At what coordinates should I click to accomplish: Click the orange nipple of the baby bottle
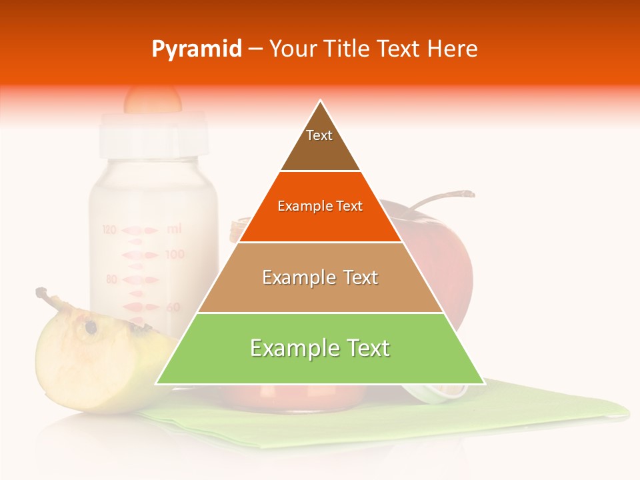pyautogui.click(x=152, y=100)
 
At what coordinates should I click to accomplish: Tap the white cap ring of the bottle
pyautogui.click(x=152, y=133)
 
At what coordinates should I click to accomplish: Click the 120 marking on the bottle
pyautogui.click(x=109, y=230)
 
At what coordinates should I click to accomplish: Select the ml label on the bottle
pyautogui.click(x=174, y=229)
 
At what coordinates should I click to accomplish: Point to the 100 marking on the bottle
pyautogui.click(x=175, y=255)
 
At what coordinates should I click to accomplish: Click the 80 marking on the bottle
pyautogui.click(x=111, y=280)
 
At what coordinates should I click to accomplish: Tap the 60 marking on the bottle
pyautogui.click(x=173, y=307)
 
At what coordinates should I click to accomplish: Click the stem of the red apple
pyautogui.click(x=440, y=198)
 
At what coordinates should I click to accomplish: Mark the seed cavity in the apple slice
pyautogui.click(x=89, y=327)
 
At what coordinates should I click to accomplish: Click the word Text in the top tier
pyautogui.click(x=319, y=135)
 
